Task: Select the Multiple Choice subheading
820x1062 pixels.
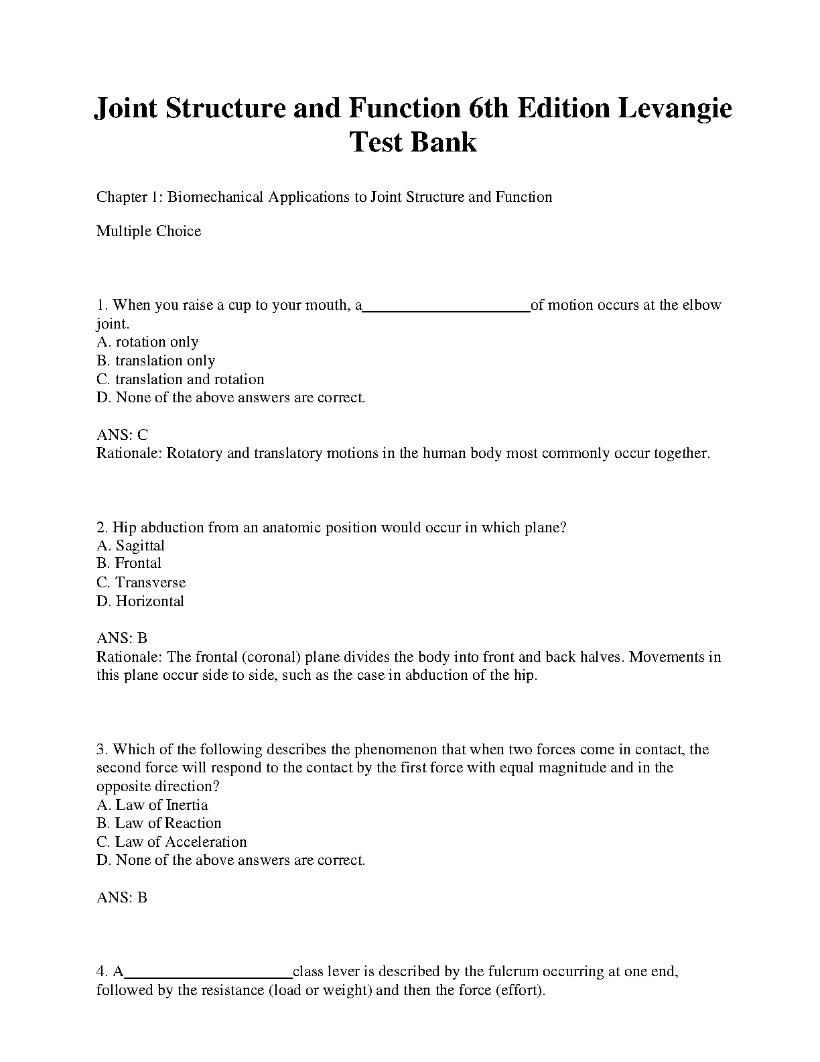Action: pos(149,231)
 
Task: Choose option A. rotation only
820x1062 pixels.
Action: pos(147,342)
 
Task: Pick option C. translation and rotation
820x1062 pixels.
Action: pos(180,379)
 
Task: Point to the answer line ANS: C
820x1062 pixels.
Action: pos(122,434)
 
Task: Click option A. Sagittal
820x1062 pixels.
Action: pos(131,546)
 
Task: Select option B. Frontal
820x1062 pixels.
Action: pos(129,563)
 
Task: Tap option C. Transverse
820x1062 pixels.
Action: pos(141,582)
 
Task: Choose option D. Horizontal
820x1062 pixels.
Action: pos(140,601)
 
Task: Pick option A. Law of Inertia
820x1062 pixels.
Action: pos(152,805)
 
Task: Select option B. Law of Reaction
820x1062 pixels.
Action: pos(159,823)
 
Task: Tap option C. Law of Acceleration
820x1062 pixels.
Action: pos(172,841)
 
